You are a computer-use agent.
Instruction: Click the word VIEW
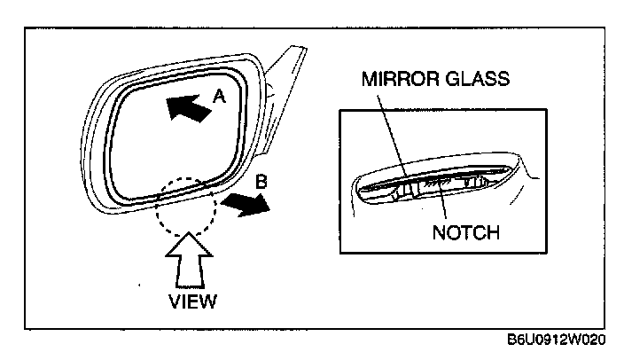tap(191, 301)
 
